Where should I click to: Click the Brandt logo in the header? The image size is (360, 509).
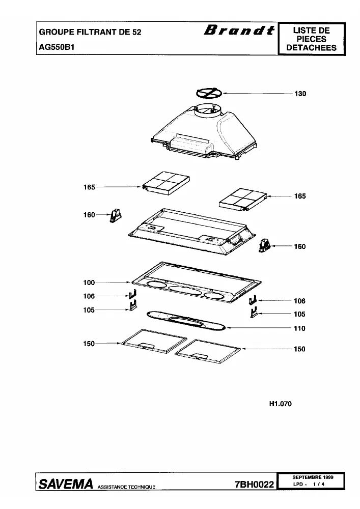click(x=239, y=30)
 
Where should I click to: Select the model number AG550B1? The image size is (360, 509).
click(x=57, y=47)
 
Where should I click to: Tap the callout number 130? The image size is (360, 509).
click(x=300, y=94)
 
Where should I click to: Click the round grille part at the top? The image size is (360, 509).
click(x=210, y=93)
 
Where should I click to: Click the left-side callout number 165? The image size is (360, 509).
click(x=89, y=187)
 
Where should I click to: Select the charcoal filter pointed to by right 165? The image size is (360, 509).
click(x=243, y=200)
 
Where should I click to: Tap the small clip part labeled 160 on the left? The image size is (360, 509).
click(x=115, y=215)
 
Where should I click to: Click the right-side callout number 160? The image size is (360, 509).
click(x=300, y=246)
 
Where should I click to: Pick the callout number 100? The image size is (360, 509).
click(x=89, y=282)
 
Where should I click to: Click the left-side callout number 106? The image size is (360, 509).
click(x=89, y=296)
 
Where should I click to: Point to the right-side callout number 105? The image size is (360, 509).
click(x=299, y=314)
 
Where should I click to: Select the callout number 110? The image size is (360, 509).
click(x=299, y=328)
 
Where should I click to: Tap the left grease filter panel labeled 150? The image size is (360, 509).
click(x=154, y=341)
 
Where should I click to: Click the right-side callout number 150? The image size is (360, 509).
click(x=299, y=349)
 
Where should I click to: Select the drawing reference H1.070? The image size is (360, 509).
click(x=281, y=404)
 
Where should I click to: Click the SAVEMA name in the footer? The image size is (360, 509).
click(x=66, y=484)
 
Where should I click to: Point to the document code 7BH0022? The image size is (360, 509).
click(x=254, y=485)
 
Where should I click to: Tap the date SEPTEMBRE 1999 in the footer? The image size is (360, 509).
click(x=313, y=477)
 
